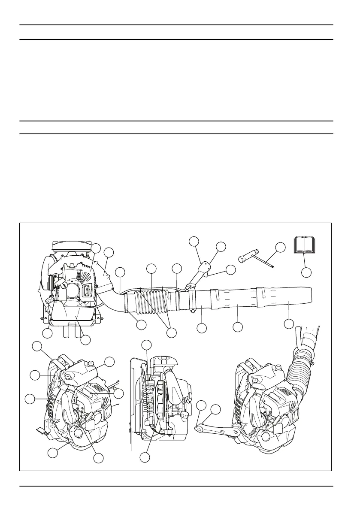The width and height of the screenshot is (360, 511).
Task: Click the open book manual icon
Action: pyautogui.click(x=304, y=245)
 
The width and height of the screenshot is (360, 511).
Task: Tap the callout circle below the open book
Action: pyautogui.click(x=306, y=272)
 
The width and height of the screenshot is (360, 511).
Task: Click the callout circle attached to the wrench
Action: pyautogui.click(x=280, y=247)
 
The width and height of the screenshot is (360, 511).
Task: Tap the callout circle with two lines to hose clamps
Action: pyautogui.click(x=172, y=333)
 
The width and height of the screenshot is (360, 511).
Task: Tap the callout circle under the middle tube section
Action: pyautogui.click(x=238, y=327)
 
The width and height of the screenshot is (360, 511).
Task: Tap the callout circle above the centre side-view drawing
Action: pyautogui.click(x=147, y=345)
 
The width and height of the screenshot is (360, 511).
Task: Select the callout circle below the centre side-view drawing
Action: pyautogui.click(x=145, y=458)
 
